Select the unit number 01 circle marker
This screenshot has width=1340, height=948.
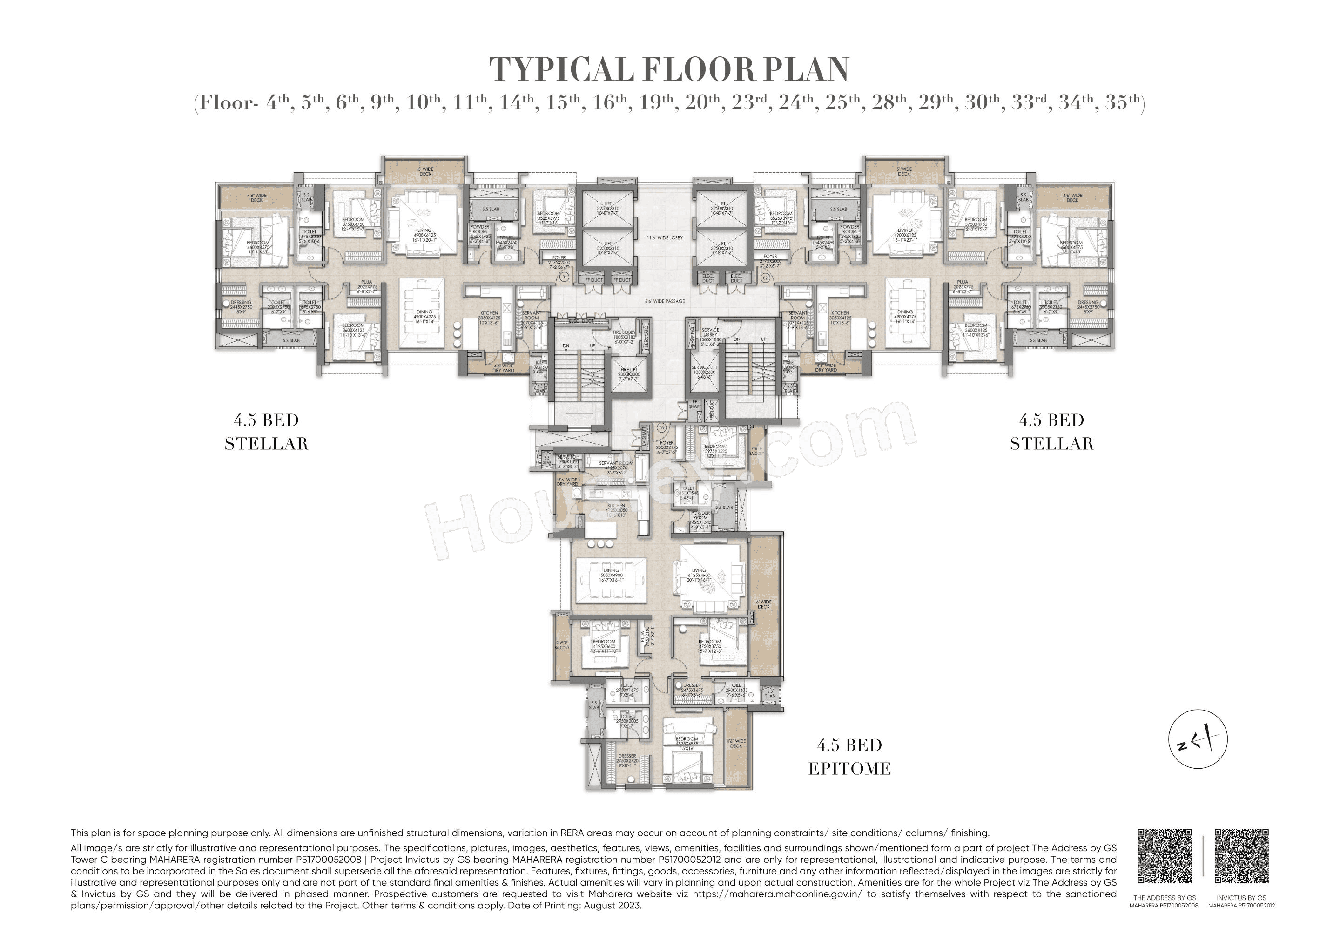tap(548, 277)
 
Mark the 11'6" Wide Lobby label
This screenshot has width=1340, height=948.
tap(664, 237)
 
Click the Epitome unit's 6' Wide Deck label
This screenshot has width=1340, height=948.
tap(763, 603)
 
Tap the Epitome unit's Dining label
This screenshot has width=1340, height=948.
tap(611, 573)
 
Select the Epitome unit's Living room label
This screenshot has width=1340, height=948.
tap(699, 573)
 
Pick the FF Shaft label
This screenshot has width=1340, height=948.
tap(694, 404)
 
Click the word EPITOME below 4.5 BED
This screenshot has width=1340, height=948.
tap(850, 769)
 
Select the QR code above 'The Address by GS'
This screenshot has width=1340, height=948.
tap(1165, 856)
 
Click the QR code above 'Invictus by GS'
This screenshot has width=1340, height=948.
tap(1241, 856)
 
